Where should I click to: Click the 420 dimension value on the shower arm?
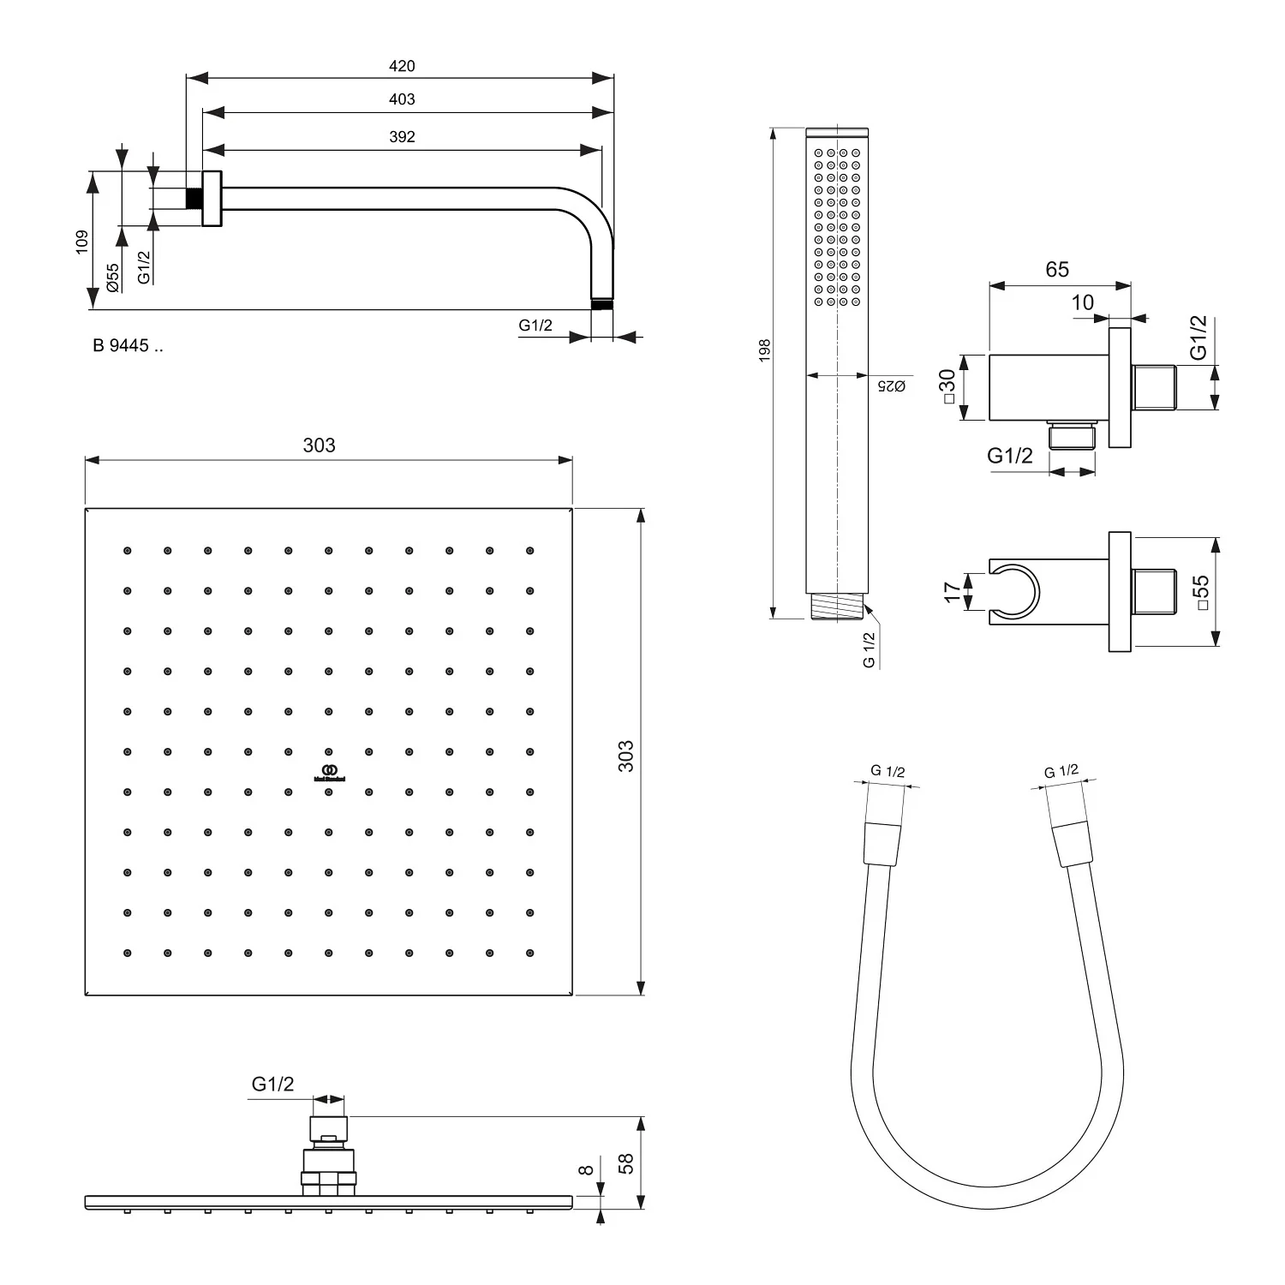pyautogui.click(x=401, y=66)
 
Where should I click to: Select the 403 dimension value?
pyautogui.click(x=401, y=99)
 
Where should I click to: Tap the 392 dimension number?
pyautogui.click(x=401, y=137)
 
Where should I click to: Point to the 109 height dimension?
pyautogui.click(x=82, y=241)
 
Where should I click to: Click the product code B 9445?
pyautogui.click(x=127, y=346)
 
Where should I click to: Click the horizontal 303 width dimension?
pyautogui.click(x=319, y=445)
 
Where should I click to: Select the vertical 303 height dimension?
pyautogui.click(x=626, y=756)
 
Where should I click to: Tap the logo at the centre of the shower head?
pyautogui.click(x=328, y=772)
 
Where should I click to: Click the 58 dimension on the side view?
pyautogui.click(x=626, y=1162)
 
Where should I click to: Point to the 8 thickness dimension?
pyautogui.click(x=587, y=1170)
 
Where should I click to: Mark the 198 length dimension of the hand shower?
pyautogui.click(x=765, y=350)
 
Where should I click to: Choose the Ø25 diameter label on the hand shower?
pyautogui.click(x=892, y=386)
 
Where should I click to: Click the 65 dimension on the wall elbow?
pyautogui.click(x=1057, y=269)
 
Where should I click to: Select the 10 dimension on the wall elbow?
pyautogui.click(x=1083, y=302)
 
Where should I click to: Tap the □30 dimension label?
pyautogui.click(x=947, y=386)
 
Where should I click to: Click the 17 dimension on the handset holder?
pyautogui.click(x=952, y=592)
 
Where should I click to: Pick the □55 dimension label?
pyautogui.click(x=1201, y=592)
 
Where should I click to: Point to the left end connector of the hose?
pyautogui.click(x=882, y=844)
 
